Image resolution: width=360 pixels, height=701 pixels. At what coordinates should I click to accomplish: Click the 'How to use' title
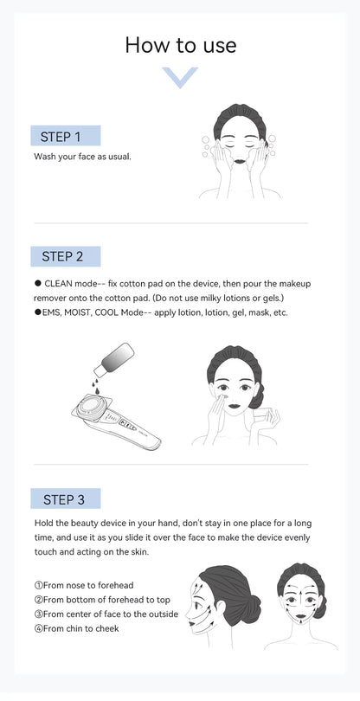(x=180, y=45)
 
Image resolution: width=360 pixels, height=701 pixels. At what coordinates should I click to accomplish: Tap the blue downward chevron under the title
(x=180, y=78)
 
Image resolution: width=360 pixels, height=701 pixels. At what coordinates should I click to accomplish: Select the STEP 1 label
(x=67, y=136)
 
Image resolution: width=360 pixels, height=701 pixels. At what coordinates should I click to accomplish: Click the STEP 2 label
(x=67, y=256)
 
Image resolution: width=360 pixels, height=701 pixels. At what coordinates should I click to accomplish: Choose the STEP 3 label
(x=67, y=498)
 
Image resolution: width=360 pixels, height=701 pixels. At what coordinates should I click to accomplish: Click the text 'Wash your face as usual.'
(x=83, y=157)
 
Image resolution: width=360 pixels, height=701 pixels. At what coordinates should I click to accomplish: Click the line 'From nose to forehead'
(x=84, y=585)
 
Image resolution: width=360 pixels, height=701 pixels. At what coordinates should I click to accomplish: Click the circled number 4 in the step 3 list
(x=38, y=628)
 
